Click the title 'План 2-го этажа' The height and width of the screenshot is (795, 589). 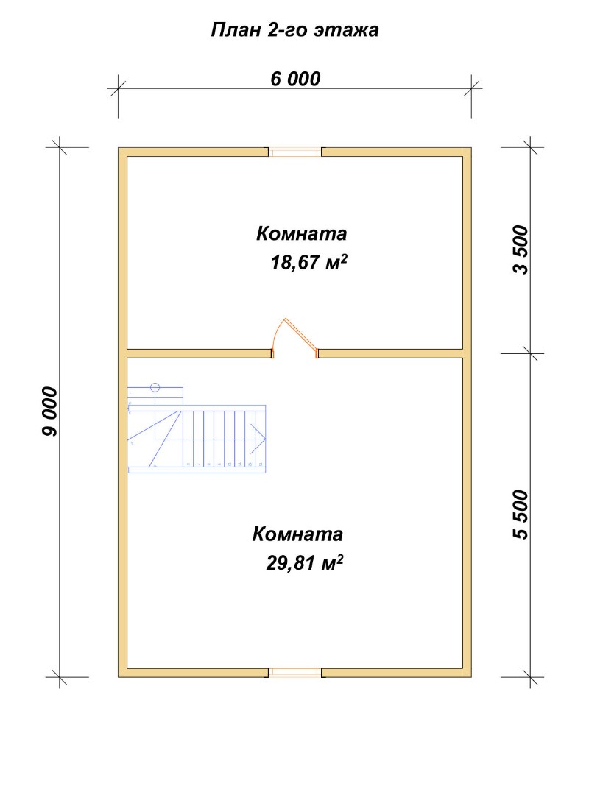click(x=294, y=30)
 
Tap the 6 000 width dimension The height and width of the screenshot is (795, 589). click(x=295, y=79)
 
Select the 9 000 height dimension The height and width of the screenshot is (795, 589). click(x=50, y=411)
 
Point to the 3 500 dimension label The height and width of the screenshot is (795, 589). click(x=521, y=250)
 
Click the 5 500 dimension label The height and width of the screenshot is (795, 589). click(x=521, y=514)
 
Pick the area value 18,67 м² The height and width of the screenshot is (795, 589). click(x=309, y=262)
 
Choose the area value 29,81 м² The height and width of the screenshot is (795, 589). click(x=305, y=562)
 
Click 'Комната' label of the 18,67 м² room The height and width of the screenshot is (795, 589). click(x=301, y=234)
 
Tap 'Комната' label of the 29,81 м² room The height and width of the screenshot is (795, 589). click(x=297, y=534)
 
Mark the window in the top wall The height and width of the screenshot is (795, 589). click(x=294, y=152)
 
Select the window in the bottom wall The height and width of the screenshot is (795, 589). click(x=294, y=673)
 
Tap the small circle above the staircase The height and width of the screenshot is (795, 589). click(x=155, y=389)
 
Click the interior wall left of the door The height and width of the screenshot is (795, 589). click(x=198, y=353)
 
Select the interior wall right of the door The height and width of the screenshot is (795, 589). click(x=391, y=353)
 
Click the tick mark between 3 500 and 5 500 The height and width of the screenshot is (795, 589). click(x=531, y=353)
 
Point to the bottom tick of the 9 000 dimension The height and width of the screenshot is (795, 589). click(x=60, y=677)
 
